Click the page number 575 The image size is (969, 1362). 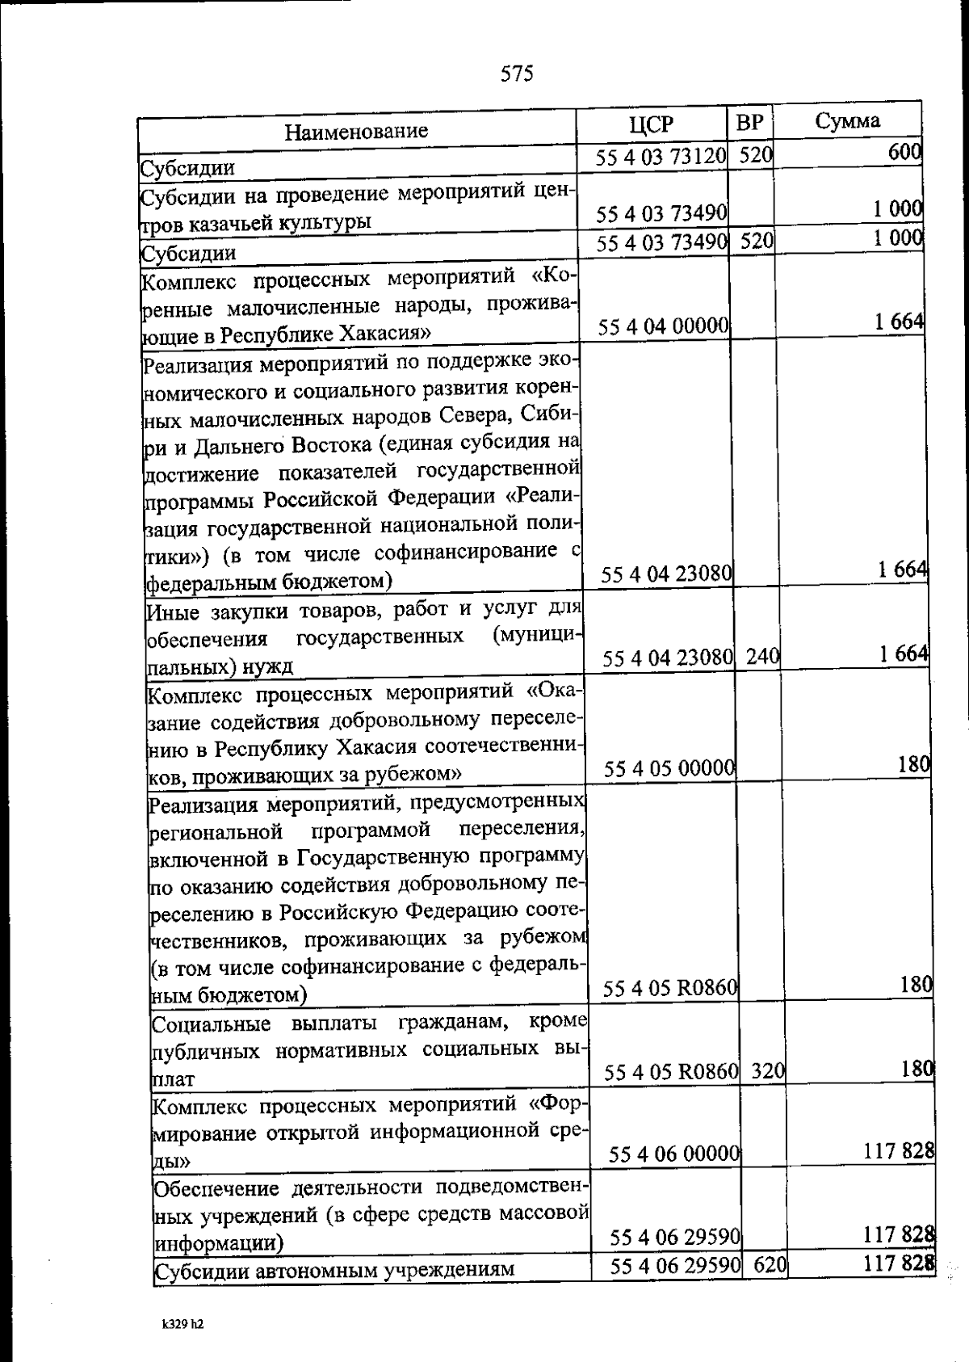(x=517, y=74)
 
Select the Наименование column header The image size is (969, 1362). (x=356, y=130)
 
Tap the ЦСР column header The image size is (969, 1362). (x=651, y=124)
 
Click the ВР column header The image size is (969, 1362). (x=750, y=122)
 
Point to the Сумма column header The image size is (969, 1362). (x=847, y=121)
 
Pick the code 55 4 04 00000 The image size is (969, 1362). (x=665, y=326)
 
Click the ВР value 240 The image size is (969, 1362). (x=762, y=658)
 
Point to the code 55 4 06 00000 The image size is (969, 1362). (x=675, y=1154)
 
